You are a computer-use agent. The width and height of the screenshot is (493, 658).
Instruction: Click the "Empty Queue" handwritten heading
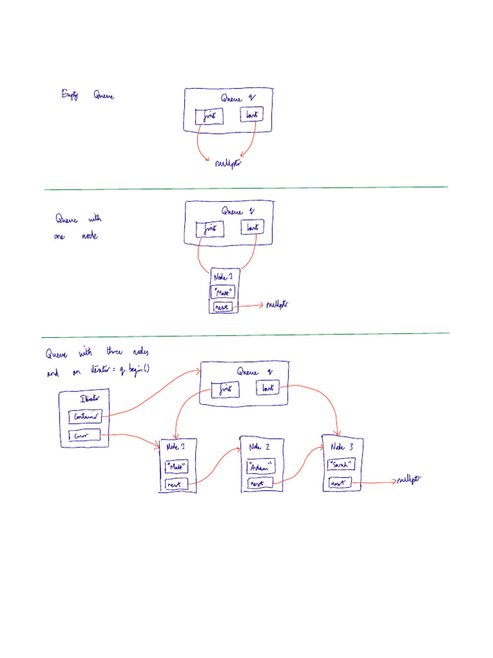point(87,96)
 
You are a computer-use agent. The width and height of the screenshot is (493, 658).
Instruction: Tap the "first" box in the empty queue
point(209,117)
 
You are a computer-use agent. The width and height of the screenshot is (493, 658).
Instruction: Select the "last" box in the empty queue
point(252,115)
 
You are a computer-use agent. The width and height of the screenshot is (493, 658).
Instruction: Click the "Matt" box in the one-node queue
point(223,292)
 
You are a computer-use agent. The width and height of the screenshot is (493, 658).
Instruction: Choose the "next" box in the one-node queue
point(221,307)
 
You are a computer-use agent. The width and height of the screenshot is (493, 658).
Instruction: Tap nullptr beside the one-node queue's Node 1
point(277,305)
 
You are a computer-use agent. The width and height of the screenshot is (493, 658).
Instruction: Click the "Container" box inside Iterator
point(85,416)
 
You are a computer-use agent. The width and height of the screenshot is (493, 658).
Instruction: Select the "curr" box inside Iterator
point(85,437)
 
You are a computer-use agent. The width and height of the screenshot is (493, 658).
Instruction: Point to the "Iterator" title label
point(89,398)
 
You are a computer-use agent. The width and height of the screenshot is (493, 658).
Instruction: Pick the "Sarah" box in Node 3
point(341,464)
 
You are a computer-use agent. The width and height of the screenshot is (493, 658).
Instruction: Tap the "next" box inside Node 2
point(259,483)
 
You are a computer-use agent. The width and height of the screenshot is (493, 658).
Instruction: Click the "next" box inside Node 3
point(340,483)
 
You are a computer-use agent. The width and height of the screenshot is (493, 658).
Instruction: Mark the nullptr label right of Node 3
point(409,480)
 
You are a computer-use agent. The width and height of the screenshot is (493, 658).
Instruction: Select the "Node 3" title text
point(341,447)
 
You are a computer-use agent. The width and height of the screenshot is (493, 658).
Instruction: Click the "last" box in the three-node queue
point(268,388)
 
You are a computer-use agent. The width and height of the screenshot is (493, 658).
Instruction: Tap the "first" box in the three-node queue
point(224,389)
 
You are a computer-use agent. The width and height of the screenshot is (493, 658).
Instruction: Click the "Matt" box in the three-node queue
point(177,465)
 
